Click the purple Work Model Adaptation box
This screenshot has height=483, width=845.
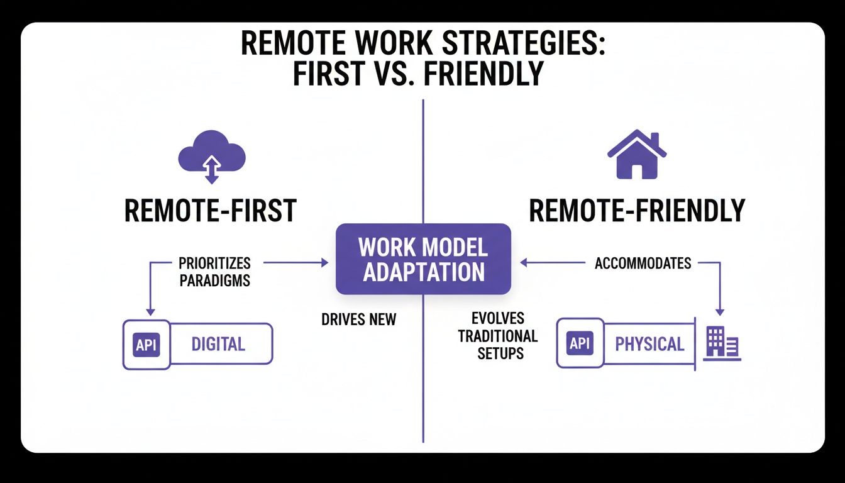tap(423, 259)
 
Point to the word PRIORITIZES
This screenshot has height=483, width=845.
tap(214, 263)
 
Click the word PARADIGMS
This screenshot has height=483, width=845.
tap(214, 280)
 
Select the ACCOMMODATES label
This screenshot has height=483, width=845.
tap(643, 263)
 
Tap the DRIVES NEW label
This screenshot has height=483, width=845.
tap(358, 319)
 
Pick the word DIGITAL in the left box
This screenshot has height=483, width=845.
tap(218, 344)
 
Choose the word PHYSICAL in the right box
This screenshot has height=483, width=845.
tap(649, 344)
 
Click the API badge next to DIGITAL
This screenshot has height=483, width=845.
tap(146, 344)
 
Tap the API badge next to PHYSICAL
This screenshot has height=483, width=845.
tap(580, 343)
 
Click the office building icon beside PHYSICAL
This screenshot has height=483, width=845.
tap(721, 343)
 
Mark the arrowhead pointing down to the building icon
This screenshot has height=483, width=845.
tap(720, 311)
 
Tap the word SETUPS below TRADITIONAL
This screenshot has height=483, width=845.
tap(500, 353)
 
